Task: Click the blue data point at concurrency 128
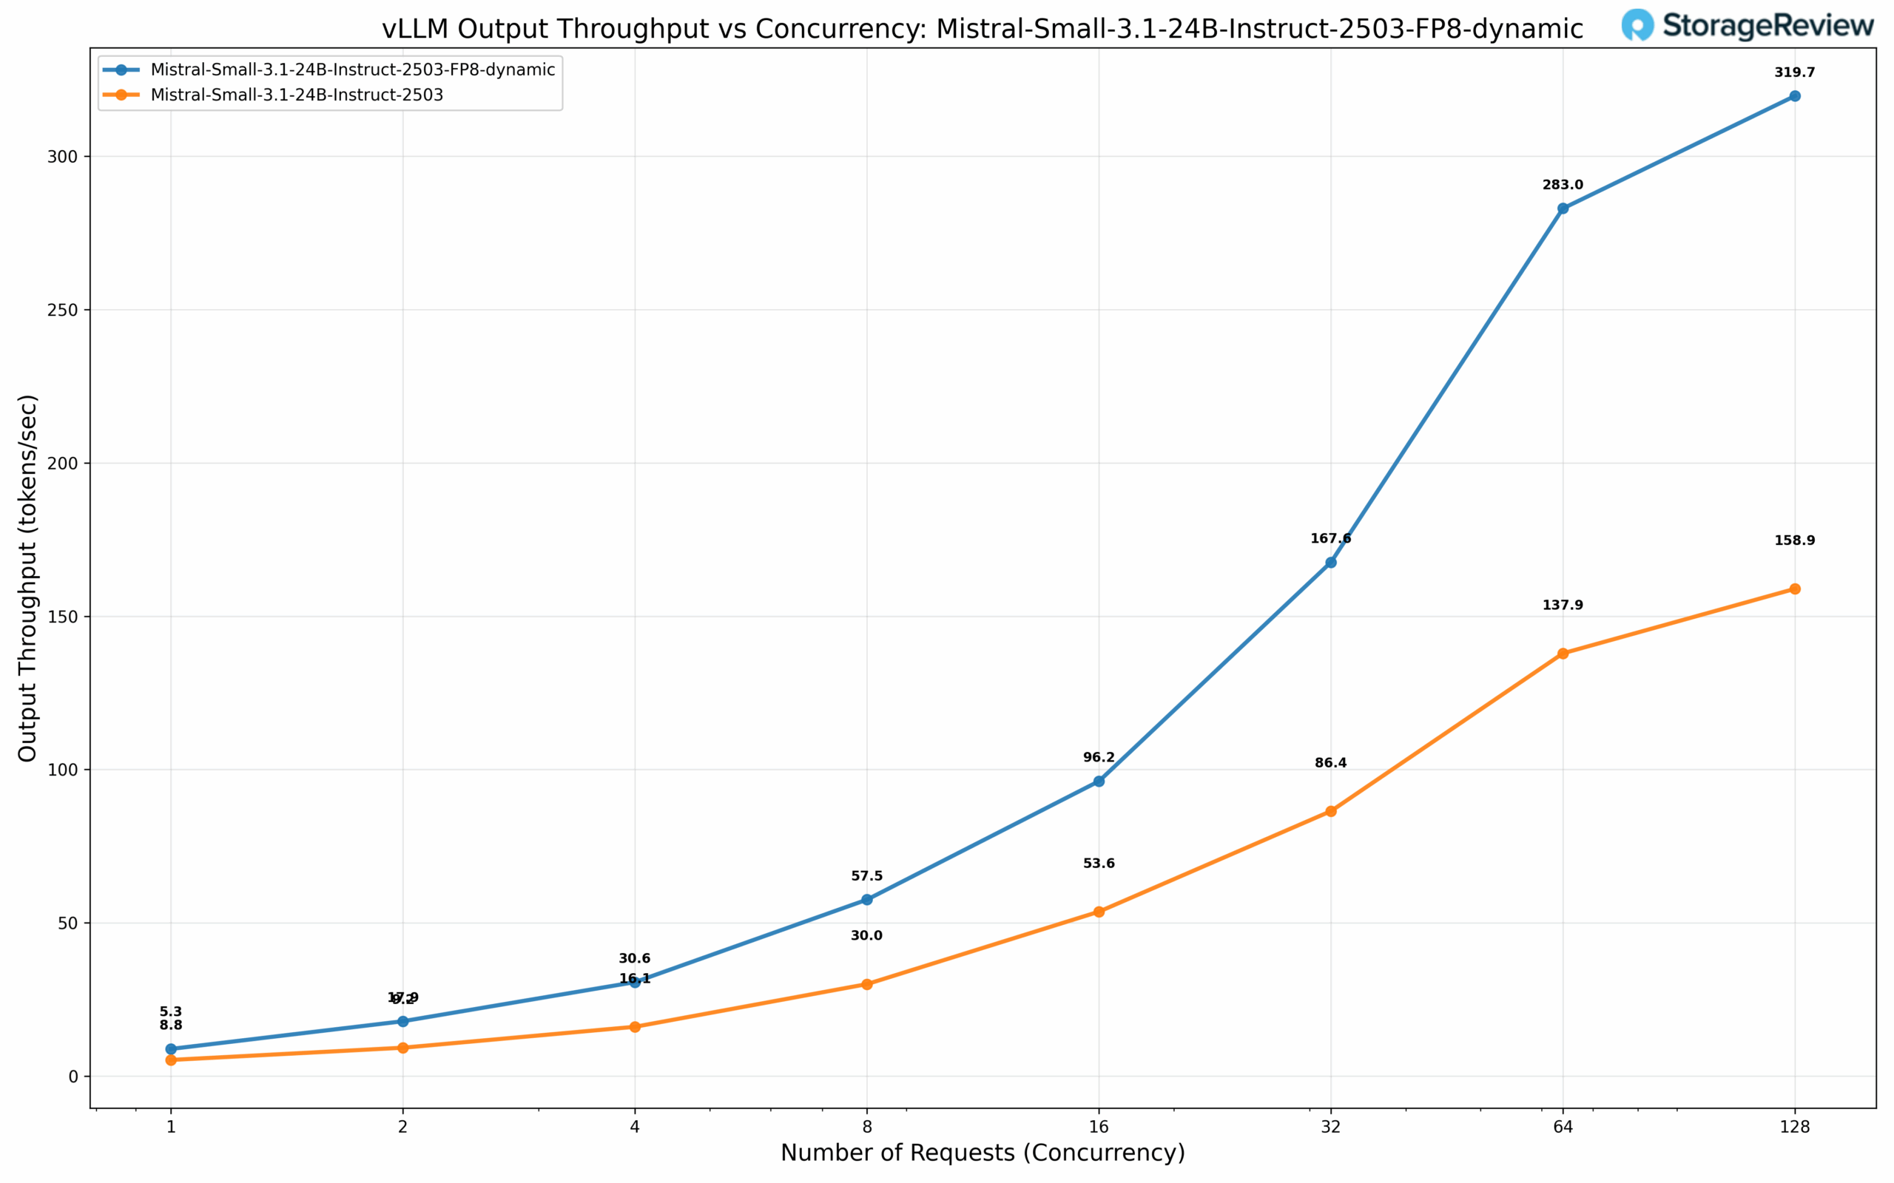tap(1795, 96)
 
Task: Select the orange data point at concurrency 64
tap(1563, 654)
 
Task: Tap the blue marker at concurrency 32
tap(1330, 563)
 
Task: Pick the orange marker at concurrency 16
tap(1099, 912)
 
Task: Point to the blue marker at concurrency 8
tap(866, 900)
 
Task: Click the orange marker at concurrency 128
tap(1795, 589)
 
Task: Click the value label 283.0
tap(1563, 186)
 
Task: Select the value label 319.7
tap(1795, 72)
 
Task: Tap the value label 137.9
tap(1563, 606)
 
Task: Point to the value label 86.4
tap(1330, 764)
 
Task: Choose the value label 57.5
tap(866, 876)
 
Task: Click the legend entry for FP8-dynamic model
tap(352, 70)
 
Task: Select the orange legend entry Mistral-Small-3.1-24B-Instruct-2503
tap(297, 95)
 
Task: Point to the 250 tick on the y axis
tap(69, 310)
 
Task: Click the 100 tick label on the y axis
tap(69, 770)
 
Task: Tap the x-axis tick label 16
tap(1099, 1127)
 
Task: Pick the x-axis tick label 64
tap(1563, 1127)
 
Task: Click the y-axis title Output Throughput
tap(28, 578)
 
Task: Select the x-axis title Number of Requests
tap(983, 1153)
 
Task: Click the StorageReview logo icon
tap(1637, 25)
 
